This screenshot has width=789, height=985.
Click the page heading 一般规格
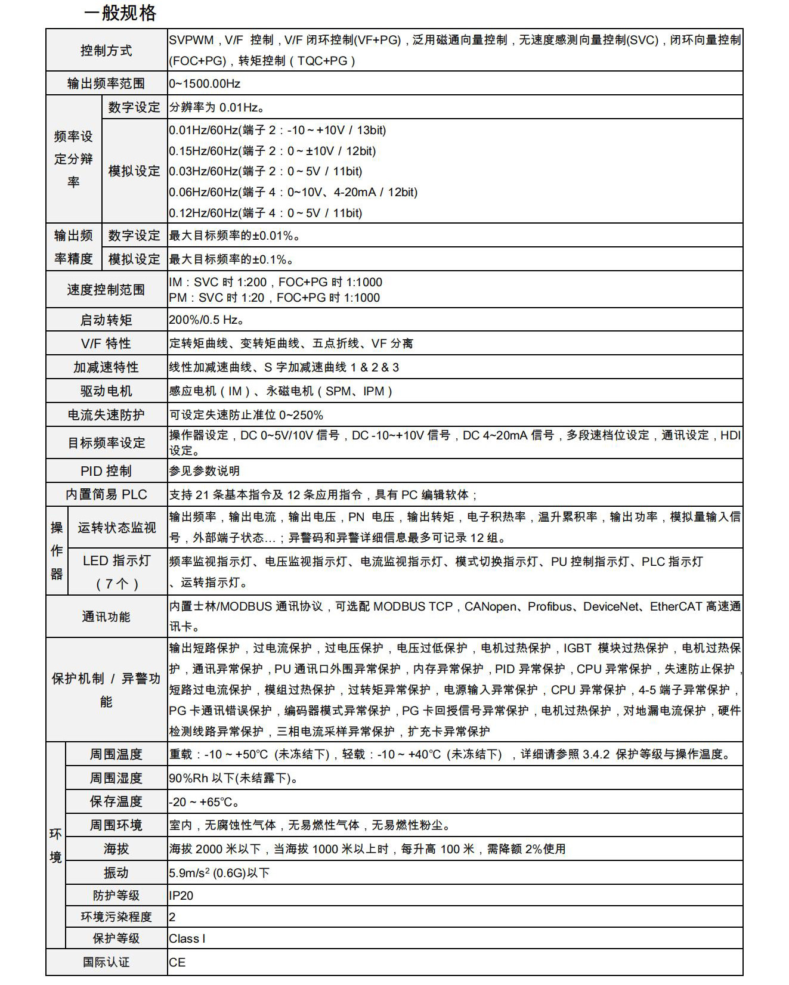pos(120,13)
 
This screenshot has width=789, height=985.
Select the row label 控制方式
pos(106,51)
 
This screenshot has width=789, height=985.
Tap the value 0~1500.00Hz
pos(205,83)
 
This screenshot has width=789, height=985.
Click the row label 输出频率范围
pos(106,83)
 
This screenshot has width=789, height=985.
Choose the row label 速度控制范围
pos(106,290)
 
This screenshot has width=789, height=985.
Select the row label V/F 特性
pos(106,343)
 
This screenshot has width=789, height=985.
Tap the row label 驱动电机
pos(106,391)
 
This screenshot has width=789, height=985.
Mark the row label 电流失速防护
pos(106,415)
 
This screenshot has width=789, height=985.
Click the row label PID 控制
pos(106,471)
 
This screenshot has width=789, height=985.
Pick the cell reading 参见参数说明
pos(204,471)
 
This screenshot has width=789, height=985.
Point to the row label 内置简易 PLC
pos(106,495)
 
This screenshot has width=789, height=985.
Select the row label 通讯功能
pos(106,617)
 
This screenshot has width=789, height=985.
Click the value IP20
pos(181,896)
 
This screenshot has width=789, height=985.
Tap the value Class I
pos(187,938)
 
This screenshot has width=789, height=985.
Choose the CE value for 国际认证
pos(177,962)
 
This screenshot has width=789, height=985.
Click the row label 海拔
pos(116,849)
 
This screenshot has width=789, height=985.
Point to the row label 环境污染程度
pos(116,917)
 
